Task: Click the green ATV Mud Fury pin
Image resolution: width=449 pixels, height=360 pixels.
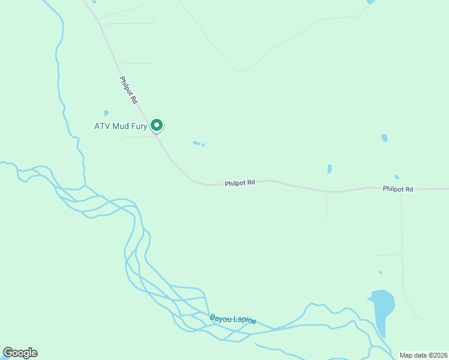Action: [x=157, y=125]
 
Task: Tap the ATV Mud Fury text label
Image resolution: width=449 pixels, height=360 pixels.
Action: [x=120, y=126]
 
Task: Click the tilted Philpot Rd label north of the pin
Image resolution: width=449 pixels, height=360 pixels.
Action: [x=128, y=90]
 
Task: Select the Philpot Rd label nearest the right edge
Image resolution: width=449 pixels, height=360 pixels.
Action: [x=398, y=189]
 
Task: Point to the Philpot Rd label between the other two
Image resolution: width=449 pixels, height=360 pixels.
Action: [x=240, y=183]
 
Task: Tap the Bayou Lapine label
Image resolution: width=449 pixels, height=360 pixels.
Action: [x=233, y=319]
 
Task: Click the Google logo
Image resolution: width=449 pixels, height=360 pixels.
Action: [x=20, y=353]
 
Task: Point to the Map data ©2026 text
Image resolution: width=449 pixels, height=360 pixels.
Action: [x=423, y=355]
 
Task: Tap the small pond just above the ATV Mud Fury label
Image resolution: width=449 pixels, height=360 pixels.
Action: [x=106, y=113]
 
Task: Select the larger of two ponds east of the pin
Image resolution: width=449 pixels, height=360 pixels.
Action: [x=196, y=143]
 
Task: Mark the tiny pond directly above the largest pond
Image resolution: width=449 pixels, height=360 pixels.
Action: [x=379, y=272]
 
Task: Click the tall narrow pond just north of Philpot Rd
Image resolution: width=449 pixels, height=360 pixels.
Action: [x=330, y=169]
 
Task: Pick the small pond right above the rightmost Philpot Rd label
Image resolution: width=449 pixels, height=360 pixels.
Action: [x=397, y=177]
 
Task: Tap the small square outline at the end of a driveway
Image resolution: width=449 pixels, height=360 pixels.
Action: [x=154, y=21]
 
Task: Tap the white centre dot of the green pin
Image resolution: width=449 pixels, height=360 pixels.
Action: [x=157, y=125]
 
